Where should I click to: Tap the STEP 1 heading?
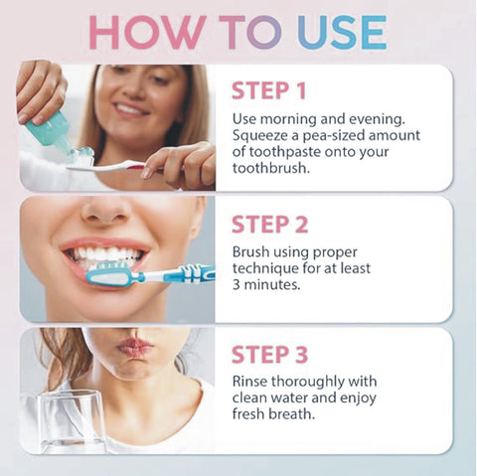(x=268, y=90)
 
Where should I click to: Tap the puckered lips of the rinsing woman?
(x=136, y=347)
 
